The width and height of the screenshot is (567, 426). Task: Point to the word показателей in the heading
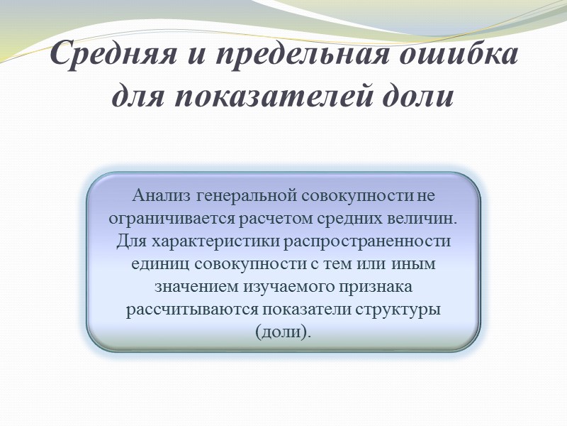point(278,95)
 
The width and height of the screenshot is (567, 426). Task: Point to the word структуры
point(403,310)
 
